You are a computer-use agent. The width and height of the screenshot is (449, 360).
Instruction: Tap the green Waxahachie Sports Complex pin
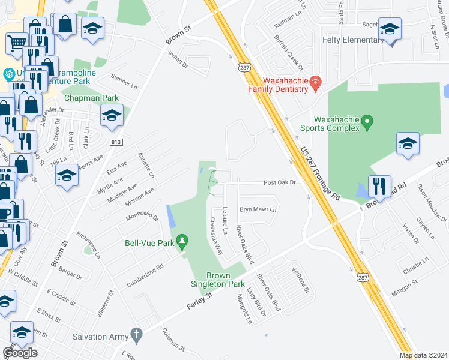[x=369, y=123]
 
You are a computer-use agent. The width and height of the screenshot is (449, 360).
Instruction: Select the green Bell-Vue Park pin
[x=184, y=242]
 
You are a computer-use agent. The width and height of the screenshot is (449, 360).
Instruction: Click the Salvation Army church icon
[x=136, y=334]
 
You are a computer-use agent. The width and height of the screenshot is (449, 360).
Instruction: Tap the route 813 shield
[x=117, y=142]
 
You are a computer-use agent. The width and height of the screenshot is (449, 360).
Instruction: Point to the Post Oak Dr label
[x=280, y=182]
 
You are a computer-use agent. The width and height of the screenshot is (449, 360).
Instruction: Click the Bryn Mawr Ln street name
[x=258, y=209]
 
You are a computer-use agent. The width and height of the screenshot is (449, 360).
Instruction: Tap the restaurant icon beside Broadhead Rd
[x=379, y=186]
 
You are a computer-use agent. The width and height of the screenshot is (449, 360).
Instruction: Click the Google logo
[x=20, y=353]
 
